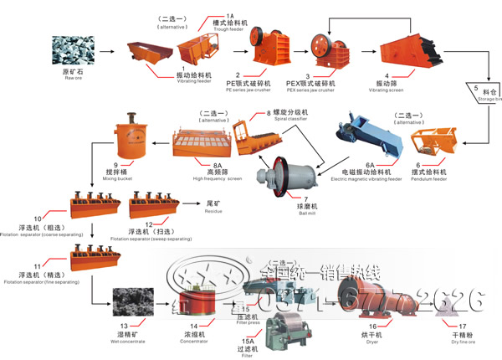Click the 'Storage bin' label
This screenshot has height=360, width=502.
pos(489,98)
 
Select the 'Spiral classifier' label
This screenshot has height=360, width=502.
pos(291,118)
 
